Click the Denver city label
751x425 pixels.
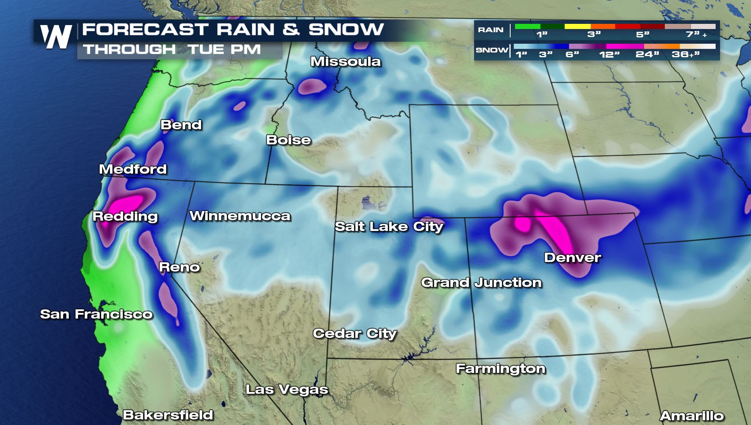[572, 258]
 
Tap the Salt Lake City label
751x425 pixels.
[389, 227]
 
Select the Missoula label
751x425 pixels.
[345, 62]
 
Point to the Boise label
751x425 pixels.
[288, 140]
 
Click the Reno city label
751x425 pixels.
[179, 267]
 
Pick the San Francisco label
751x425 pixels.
[96, 314]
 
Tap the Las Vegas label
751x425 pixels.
[286, 390]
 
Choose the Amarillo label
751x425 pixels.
[691, 416]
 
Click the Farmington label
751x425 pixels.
[500, 369]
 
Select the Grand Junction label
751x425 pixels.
[481, 283]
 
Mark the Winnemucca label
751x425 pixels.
[240, 216]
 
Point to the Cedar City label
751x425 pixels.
[354, 333]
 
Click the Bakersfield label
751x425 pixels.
[168, 415]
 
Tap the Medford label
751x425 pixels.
[133, 169]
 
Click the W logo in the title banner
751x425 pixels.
[56, 37]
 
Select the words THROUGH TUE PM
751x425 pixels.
[172, 50]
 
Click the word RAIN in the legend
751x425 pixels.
[490, 30]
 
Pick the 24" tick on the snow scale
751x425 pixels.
[647, 54]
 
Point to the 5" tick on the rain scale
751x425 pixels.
[642, 35]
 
